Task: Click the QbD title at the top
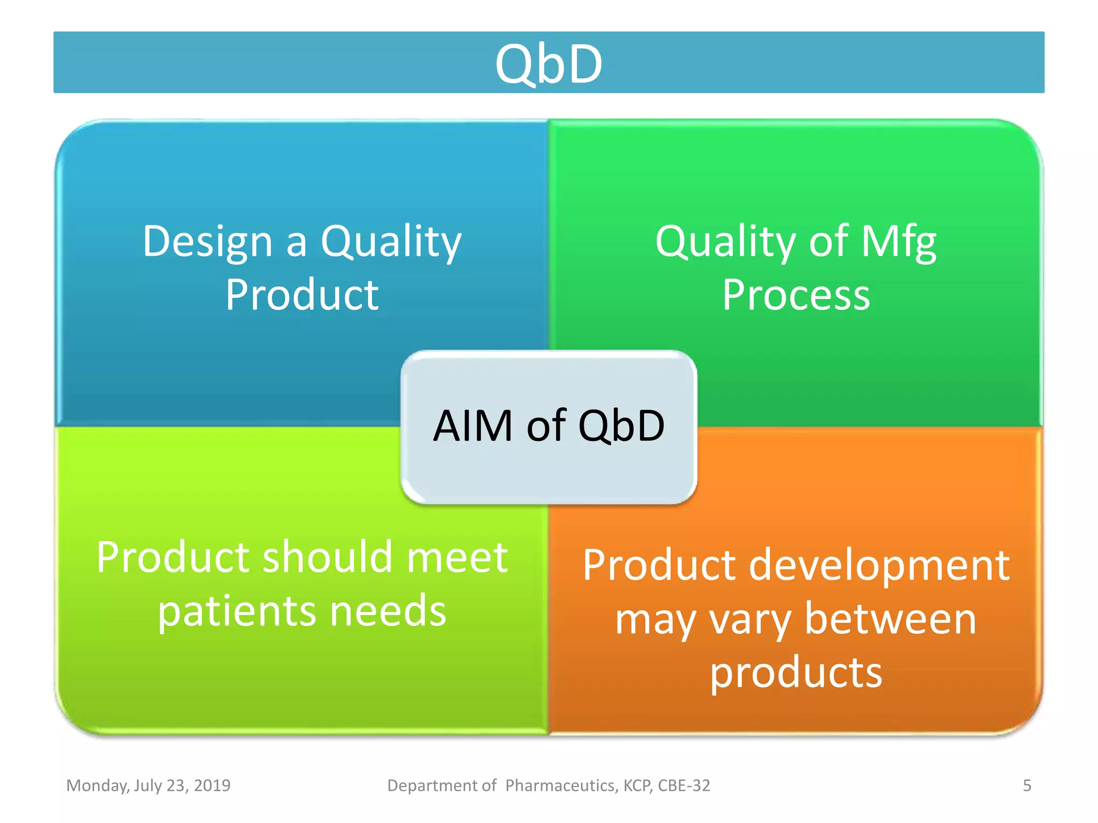point(548,64)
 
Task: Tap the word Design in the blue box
point(207,242)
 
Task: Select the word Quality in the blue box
point(391,242)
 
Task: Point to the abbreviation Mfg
point(899,242)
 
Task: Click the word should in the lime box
point(329,557)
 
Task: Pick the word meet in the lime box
point(457,557)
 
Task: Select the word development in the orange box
point(879,565)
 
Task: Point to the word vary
point(750,619)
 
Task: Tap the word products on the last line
point(796,672)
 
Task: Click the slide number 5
point(1027,785)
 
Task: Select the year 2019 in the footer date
point(212,785)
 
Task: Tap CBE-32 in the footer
point(684,785)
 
